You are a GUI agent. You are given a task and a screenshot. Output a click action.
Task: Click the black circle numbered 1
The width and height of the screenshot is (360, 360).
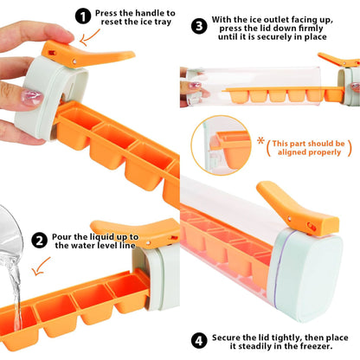(x=83, y=16)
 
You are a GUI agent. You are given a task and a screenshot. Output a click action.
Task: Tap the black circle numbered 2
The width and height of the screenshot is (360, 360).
(x=39, y=241)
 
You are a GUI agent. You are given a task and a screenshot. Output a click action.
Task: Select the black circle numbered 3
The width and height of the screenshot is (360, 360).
(x=199, y=26)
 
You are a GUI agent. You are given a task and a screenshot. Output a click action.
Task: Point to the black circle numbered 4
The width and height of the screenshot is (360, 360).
(x=199, y=341)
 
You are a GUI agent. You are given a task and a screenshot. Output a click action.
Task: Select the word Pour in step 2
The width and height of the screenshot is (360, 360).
(x=61, y=237)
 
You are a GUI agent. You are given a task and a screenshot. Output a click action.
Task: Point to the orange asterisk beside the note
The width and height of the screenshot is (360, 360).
(x=261, y=141)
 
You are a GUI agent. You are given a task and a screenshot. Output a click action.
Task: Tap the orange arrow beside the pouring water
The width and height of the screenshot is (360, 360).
(x=41, y=267)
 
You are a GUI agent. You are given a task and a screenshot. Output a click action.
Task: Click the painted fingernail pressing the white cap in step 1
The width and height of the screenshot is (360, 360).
(x=32, y=97)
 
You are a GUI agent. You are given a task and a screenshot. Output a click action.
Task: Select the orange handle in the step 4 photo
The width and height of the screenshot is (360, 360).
(x=297, y=209)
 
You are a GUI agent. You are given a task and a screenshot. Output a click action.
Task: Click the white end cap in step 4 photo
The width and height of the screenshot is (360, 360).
(x=306, y=273)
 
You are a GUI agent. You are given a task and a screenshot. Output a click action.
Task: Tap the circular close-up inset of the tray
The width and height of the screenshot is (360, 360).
(x=221, y=145)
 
